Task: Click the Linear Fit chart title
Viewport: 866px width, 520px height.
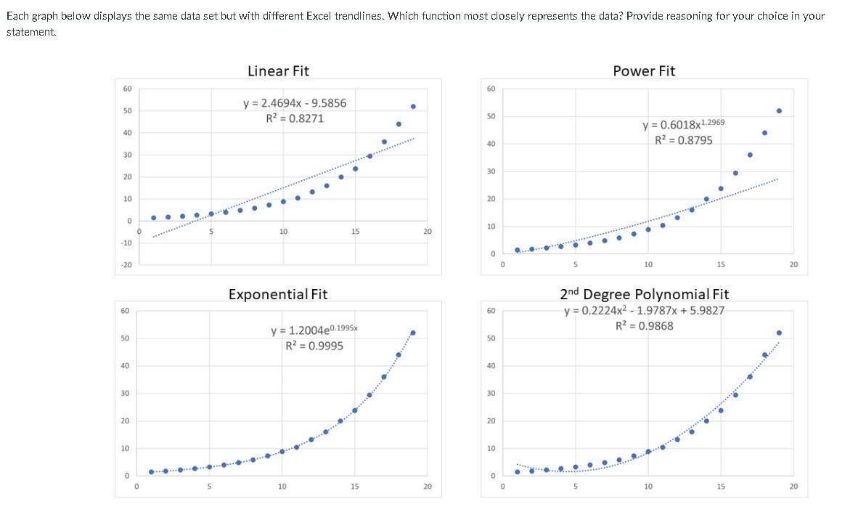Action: point(278,71)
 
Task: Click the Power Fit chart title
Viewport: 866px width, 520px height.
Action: point(644,71)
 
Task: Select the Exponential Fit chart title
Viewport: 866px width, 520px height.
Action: point(278,294)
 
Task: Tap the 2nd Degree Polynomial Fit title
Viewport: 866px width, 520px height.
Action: point(644,294)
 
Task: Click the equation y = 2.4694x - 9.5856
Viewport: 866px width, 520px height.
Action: point(295,103)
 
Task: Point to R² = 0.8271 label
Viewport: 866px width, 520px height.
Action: point(295,118)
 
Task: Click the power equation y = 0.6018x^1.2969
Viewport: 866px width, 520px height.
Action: point(683,125)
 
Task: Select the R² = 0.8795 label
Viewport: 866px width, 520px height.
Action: point(683,140)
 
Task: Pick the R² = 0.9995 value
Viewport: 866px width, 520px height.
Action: point(314,345)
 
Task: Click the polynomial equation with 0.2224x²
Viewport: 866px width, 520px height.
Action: point(644,312)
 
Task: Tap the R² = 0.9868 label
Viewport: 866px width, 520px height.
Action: point(644,325)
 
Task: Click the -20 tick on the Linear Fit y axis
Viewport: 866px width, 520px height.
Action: point(126,265)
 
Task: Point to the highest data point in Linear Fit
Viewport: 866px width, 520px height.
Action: point(413,107)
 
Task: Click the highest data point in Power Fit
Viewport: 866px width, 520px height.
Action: point(779,110)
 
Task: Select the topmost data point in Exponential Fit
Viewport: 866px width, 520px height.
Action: point(413,333)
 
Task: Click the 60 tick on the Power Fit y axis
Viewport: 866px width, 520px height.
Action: point(490,89)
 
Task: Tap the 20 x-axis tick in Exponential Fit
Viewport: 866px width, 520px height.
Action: point(427,487)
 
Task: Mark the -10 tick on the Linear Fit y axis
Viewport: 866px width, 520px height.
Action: point(126,243)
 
